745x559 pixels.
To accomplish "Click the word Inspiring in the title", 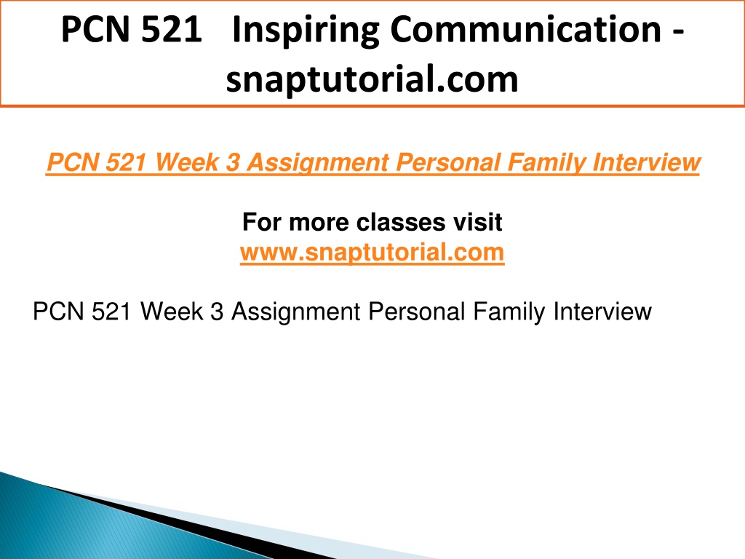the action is pos(306,31).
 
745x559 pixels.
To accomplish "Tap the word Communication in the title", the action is pos(526,29).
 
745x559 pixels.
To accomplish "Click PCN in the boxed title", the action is pos(95,29).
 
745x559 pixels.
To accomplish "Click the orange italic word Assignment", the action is pos(317,163).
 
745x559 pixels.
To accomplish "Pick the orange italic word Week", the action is pos(186,162).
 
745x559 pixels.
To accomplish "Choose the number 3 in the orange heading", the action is pos(233,162).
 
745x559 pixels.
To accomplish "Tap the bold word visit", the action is pos(477,222).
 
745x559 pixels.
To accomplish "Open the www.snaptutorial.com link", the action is pos(372,252).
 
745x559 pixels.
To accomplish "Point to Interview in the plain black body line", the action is pos(602,312).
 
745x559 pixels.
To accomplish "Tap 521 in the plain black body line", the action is pos(111,312).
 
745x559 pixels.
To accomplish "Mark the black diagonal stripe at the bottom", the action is pos(190,522).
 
